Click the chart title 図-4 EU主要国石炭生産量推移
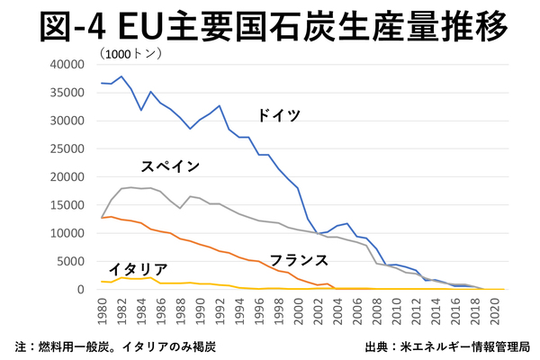[x=270, y=27]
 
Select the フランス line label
[x=298, y=260]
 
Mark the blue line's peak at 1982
[x=120, y=76]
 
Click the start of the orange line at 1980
[x=102, y=218]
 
